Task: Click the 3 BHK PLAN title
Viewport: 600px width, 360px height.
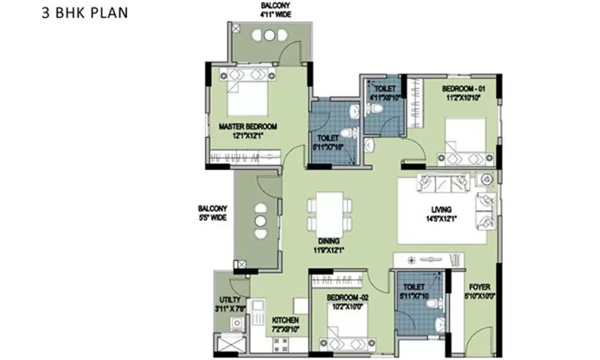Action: point(85,13)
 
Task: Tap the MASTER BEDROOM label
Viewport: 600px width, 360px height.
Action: point(248,127)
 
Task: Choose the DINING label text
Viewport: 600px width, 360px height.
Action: point(327,241)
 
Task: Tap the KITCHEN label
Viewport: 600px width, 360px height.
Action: point(285,321)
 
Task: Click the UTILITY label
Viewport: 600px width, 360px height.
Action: point(230,299)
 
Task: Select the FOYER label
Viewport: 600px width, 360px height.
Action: point(480,287)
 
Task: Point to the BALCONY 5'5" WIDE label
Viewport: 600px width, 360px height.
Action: point(212,213)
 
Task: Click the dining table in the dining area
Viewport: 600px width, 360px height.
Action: point(329,214)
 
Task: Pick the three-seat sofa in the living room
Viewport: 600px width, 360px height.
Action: point(444,183)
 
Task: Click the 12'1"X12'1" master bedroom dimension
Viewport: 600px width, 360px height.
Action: point(248,136)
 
